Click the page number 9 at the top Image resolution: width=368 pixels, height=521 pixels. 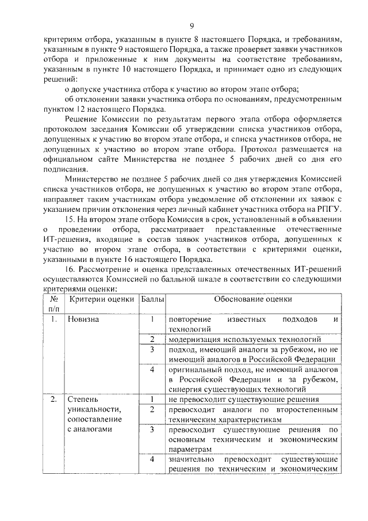tap(192, 25)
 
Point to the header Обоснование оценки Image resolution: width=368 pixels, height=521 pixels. tap(253, 299)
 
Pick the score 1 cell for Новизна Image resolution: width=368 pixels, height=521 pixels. tap(152, 319)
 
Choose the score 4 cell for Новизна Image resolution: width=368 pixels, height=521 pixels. tap(152, 369)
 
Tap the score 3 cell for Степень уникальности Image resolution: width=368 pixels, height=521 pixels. tap(152, 429)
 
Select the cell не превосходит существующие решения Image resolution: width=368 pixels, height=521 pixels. tap(243, 399)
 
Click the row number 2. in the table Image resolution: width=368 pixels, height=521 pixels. tap(52, 399)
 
